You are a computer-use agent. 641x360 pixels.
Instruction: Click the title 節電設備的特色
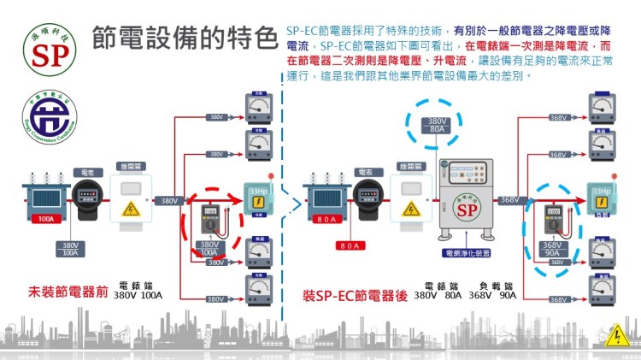(185, 37)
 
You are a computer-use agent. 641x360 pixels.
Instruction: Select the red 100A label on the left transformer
(46, 219)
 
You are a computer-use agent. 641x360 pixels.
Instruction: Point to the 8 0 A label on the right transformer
(328, 219)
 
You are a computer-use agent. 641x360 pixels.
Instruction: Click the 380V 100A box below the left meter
(71, 249)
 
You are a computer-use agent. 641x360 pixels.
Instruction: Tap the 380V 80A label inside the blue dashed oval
(437, 126)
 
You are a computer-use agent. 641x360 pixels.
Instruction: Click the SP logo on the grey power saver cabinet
(466, 210)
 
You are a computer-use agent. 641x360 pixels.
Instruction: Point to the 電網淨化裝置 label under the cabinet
(466, 253)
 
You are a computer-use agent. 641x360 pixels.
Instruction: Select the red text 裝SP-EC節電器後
(353, 295)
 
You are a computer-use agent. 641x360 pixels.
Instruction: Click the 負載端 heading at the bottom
(496, 286)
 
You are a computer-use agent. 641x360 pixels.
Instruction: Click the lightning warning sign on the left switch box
(131, 209)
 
